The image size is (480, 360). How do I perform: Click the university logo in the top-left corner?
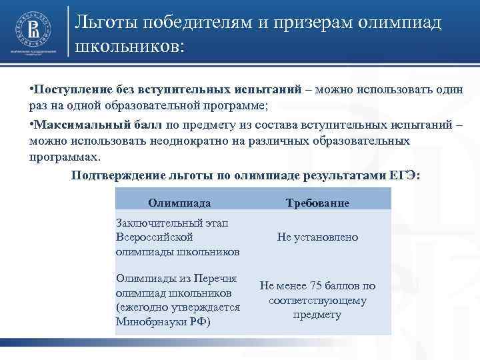(x=32, y=29)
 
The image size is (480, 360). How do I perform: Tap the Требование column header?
(x=317, y=202)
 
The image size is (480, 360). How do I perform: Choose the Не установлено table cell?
(x=317, y=237)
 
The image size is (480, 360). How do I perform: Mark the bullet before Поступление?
(x=31, y=89)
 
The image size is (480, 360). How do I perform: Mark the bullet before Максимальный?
(x=31, y=125)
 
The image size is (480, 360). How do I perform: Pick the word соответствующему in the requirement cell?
(x=317, y=300)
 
